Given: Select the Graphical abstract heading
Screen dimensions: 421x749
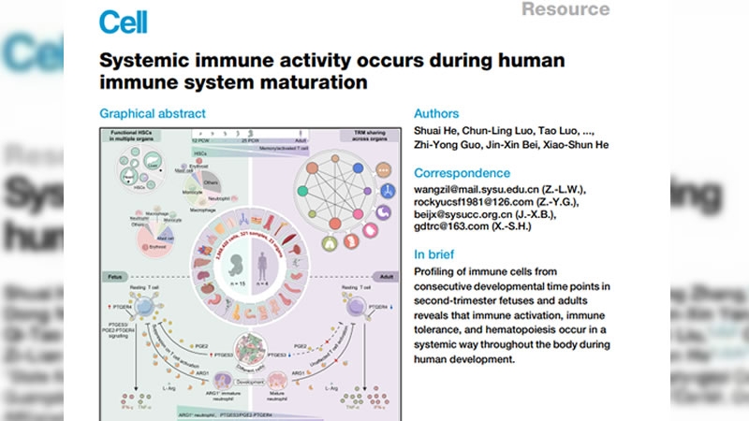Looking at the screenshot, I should click(153, 114).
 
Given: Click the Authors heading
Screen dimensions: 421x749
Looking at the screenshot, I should click(438, 114).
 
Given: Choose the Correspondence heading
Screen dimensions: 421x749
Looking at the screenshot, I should click(463, 173).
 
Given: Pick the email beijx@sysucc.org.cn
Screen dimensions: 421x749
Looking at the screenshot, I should click(471, 220).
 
